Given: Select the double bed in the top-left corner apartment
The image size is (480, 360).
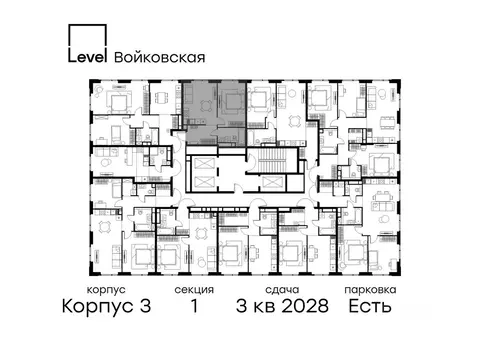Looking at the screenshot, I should tap(118, 103).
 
